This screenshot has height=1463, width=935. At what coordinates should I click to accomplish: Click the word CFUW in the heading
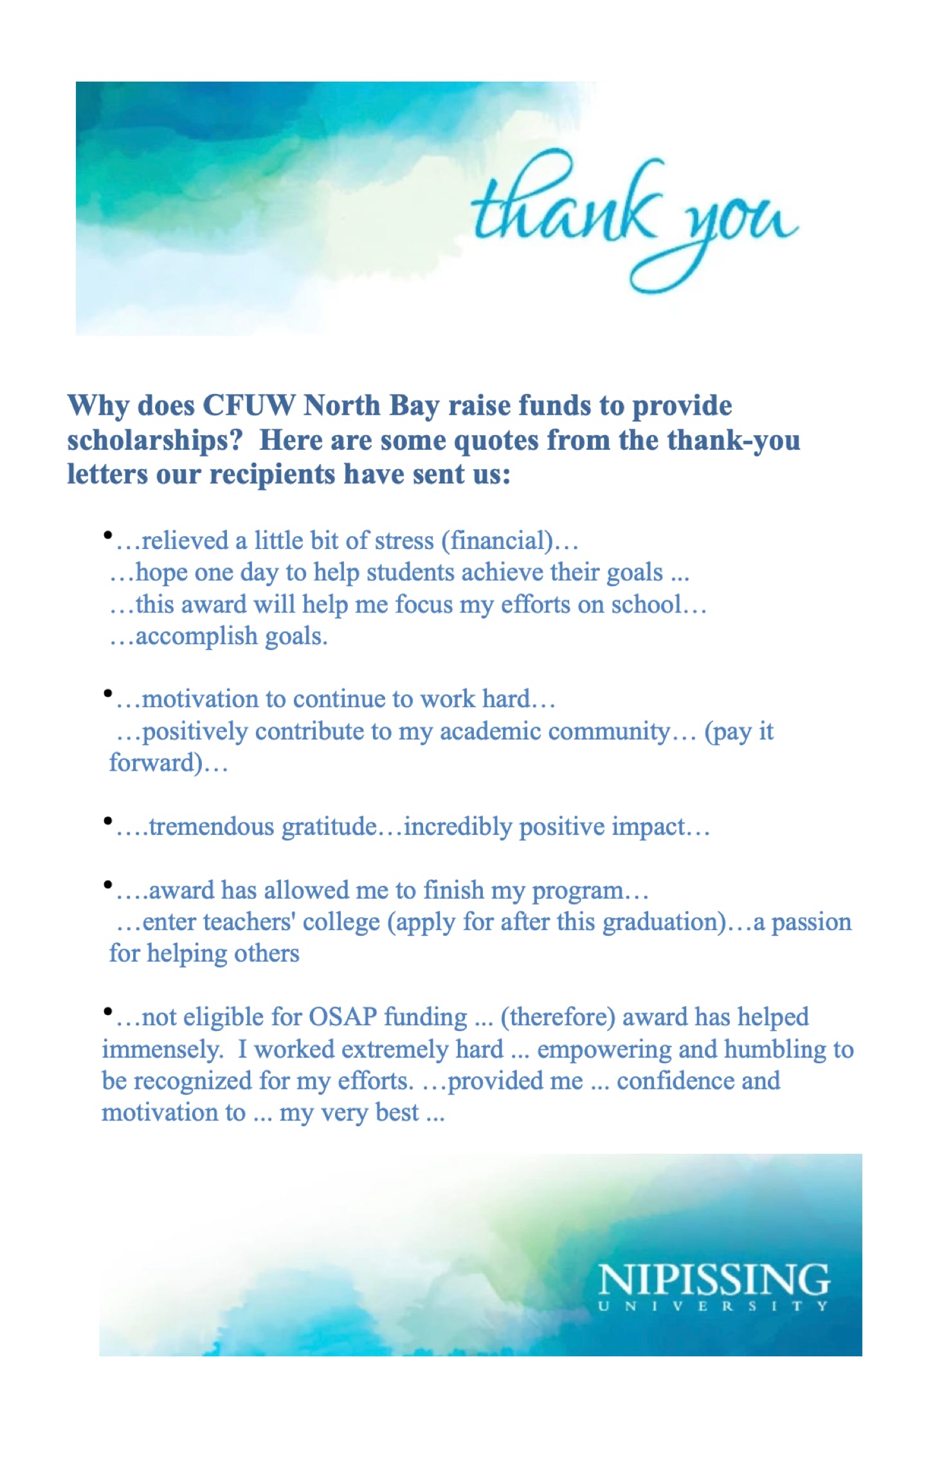pyautogui.click(x=248, y=406)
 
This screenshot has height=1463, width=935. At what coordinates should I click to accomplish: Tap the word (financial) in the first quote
pyautogui.click(x=497, y=541)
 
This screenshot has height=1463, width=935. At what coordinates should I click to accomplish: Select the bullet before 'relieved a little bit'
pyautogui.click(x=108, y=535)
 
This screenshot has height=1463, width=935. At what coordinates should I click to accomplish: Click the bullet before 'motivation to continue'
pyautogui.click(x=108, y=693)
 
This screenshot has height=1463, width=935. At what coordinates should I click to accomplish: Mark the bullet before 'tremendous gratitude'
pyautogui.click(x=108, y=820)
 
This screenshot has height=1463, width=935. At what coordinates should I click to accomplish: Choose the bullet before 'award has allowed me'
pyautogui.click(x=108, y=884)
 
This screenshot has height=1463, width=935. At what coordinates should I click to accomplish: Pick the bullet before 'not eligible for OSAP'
pyautogui.click(x=108, y=1012)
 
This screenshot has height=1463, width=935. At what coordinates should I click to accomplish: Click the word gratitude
pyautogui.click(x=329, y=827)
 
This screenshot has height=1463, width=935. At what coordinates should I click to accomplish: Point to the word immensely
pyautogui.click(x=162, y=1050)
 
